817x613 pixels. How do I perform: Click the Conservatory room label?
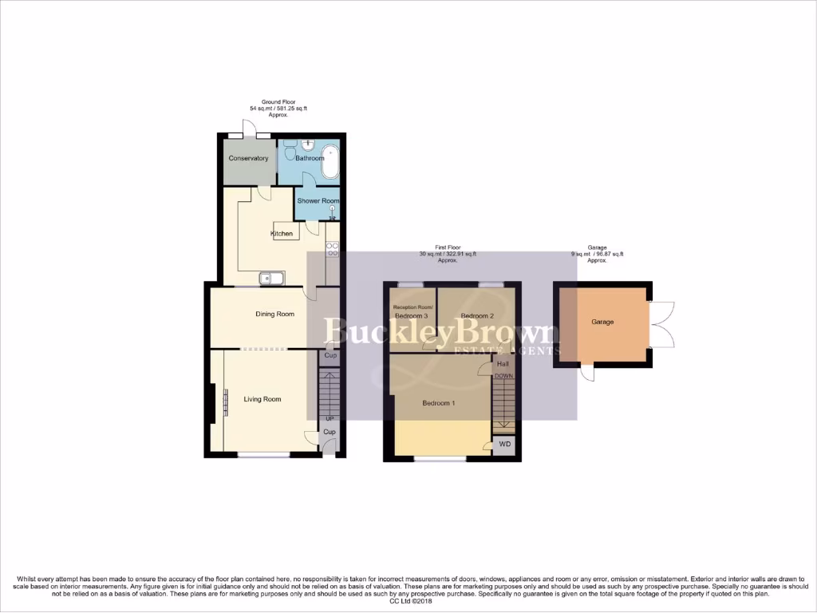coord(248,158)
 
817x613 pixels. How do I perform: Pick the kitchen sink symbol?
coord(270,279)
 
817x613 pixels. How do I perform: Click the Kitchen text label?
coord(282,234)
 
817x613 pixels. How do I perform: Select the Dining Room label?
coord(274,314)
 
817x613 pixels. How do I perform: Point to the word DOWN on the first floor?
coord(503,376)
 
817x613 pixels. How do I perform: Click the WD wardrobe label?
coord(503,444)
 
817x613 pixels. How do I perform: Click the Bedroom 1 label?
coord(438,403)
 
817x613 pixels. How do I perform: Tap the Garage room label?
coord(602,322)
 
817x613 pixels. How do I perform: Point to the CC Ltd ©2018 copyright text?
coord(408,601)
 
